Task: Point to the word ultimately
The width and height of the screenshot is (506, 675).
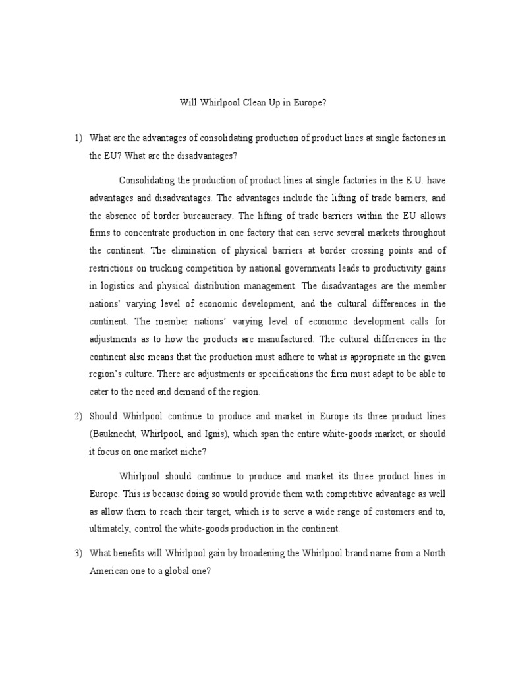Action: click(109, 528)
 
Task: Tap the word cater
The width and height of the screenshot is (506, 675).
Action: click(99, 392)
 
